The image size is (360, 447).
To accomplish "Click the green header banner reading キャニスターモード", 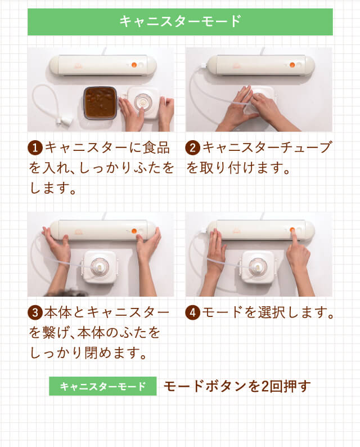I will click(x=180, y=22).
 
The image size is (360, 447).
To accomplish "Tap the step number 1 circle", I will click(x=35, y=149).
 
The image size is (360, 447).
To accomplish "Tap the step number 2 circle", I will click(x=193, y=149).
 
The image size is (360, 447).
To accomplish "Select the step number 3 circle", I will click(x=35, y=312).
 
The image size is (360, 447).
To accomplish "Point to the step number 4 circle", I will click(x=193, y=312).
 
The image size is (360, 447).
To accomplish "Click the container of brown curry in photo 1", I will click(x=100, y=103).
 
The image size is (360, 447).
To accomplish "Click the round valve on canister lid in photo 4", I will click(x=258, y=265).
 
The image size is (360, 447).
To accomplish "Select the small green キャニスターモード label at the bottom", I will click(x=102, y=387).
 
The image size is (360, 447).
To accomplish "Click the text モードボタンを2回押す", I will click(x=237, y=387).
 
